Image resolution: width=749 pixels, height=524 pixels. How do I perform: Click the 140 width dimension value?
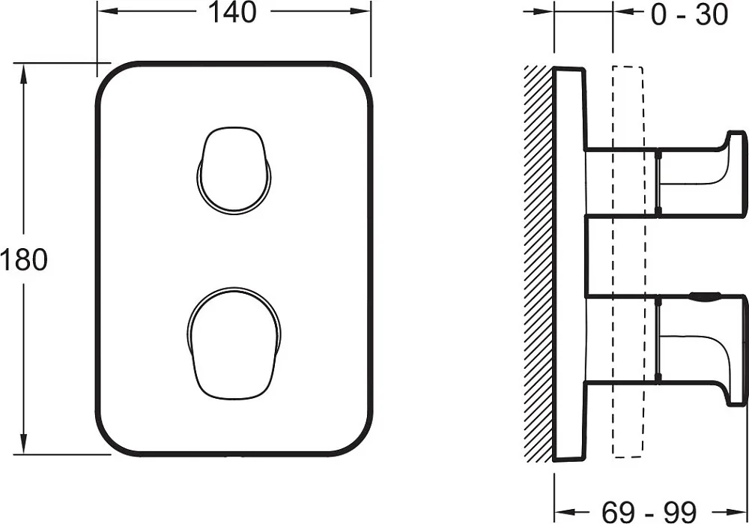coord(233,13)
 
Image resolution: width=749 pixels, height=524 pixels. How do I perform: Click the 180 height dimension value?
coord(24,260)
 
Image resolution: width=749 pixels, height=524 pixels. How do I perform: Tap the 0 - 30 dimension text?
coord(689,14)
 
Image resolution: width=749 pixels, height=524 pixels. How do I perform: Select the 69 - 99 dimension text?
coord(649,512)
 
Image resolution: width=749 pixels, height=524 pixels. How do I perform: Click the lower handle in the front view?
coord(234,343)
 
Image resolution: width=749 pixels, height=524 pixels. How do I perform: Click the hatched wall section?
coord(539,264)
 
